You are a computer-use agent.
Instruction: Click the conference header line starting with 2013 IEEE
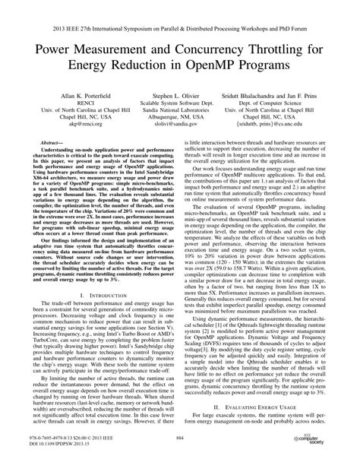point(180,14)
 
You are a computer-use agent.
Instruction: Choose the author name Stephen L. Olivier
point(179,99)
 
